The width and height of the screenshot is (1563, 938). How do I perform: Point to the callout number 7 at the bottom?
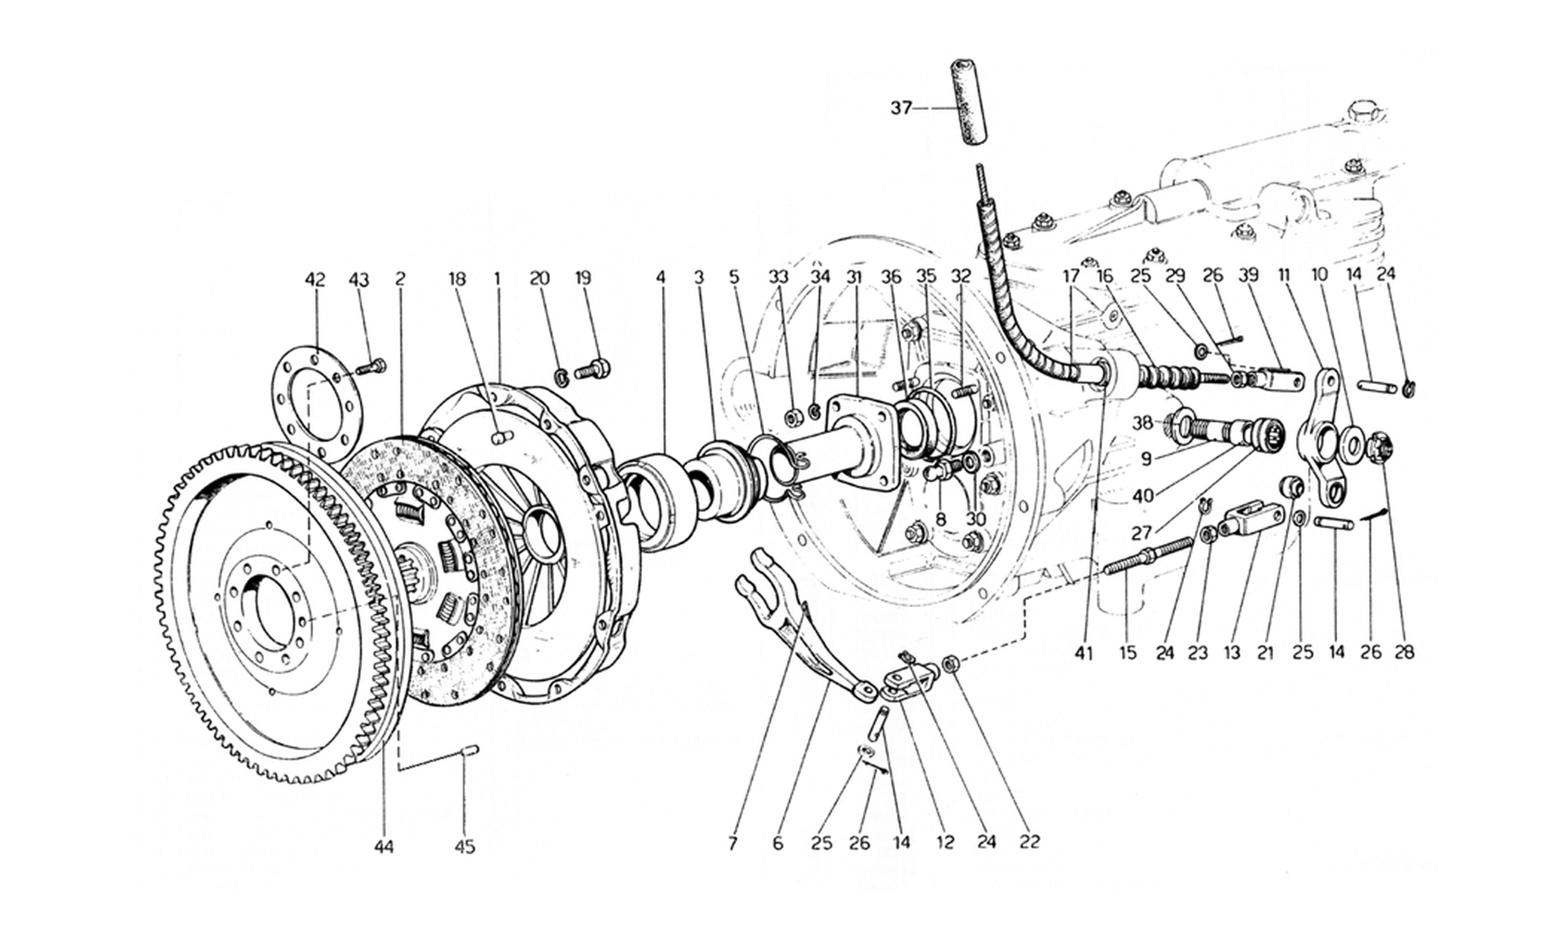tap(732, 843)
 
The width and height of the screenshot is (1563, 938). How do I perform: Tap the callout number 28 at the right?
tap(1404, 652)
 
